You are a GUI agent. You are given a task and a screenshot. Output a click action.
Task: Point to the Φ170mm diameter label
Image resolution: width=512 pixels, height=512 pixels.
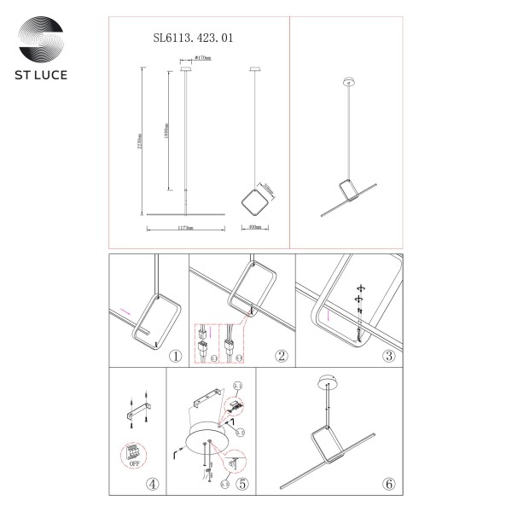click(202, 58)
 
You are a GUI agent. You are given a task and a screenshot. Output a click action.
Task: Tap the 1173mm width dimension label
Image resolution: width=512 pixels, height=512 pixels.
click(184, 229)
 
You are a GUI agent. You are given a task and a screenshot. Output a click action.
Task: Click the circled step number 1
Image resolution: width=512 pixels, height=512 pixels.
click(175, 356)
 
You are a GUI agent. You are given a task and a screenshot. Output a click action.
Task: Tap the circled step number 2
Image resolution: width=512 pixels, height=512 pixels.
click(278, 356)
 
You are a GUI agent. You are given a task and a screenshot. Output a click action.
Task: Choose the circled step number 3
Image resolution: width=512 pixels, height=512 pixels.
click(388, 356)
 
